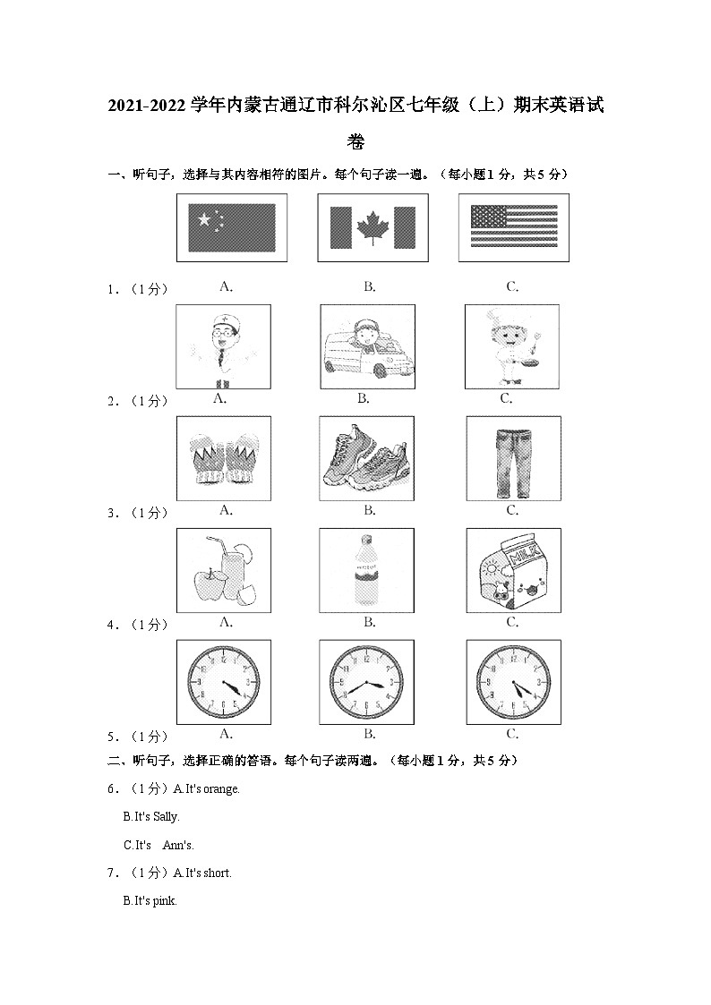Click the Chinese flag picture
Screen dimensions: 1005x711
[231, 227]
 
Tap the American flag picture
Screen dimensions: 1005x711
[513, 227]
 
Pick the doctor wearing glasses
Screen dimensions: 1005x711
[224, 345]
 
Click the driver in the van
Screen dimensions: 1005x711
[367, 346]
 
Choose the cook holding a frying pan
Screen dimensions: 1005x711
[511, 346]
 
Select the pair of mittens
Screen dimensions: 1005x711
[224, 458]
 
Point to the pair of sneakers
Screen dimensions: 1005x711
[367, 458]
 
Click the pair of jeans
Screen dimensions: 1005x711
[513, 458]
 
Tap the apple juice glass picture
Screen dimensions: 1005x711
[224, 570]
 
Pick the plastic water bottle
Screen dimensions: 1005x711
[367, 570]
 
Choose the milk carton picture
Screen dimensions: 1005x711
[513, 570]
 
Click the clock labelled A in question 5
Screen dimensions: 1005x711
[224, 682]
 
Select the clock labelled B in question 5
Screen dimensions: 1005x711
[367, 682]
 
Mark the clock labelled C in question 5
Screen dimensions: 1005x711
[513, 682]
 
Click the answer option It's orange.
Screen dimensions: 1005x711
[207, 788]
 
